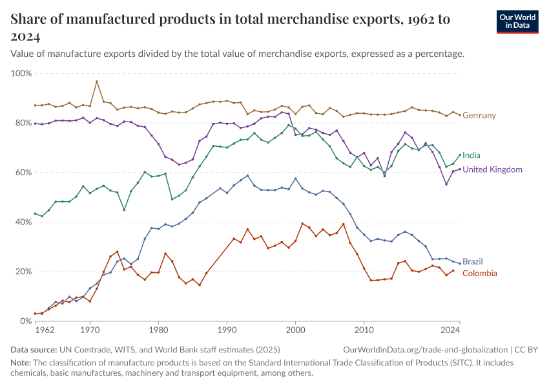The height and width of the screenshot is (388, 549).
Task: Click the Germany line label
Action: point(479,116)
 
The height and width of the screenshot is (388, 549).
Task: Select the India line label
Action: point(471,155)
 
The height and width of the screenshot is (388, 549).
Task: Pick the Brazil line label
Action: point(473,262)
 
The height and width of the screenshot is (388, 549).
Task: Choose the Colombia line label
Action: point(480,274)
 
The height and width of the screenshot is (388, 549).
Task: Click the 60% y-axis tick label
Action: point(23,173)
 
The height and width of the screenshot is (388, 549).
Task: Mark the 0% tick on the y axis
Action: point(26,321)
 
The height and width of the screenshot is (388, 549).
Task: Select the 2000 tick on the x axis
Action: point(295,330)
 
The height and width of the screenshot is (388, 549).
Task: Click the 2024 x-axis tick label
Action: point(450,330)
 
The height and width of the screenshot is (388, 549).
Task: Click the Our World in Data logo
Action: point(517,21)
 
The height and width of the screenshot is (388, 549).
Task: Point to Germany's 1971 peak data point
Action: point(97,81)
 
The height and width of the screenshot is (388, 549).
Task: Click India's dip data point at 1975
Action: point(124,210)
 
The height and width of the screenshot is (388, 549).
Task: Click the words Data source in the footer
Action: point(34,349)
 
